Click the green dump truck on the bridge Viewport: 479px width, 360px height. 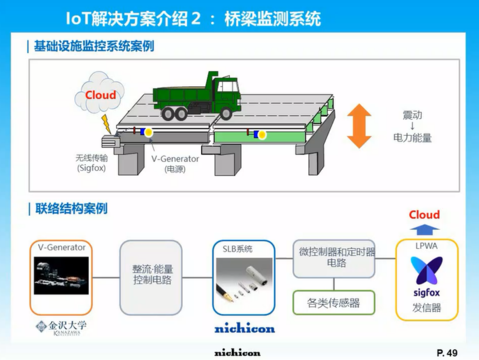197,96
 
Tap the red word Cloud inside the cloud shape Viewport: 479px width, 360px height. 101,95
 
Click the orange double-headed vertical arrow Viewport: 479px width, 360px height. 359,126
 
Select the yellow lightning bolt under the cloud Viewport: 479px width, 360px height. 106,124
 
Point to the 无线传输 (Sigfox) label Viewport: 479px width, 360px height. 92,163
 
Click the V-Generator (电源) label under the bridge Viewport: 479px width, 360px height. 175,164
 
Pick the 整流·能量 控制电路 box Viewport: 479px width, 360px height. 151,277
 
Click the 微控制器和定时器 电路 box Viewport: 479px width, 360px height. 334,258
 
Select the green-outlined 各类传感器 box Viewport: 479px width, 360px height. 334,302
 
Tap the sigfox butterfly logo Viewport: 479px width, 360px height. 427,270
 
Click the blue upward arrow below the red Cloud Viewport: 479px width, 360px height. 424,229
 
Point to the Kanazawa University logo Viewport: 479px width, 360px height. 61,328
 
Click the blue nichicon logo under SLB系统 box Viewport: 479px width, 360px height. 244,328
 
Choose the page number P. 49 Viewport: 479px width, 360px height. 447,353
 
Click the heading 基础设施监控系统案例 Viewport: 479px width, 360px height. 94,46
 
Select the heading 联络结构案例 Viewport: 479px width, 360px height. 72,209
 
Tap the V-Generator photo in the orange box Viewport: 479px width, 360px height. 61,276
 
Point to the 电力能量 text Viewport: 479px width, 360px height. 413,138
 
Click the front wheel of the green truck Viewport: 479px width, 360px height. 226,113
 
